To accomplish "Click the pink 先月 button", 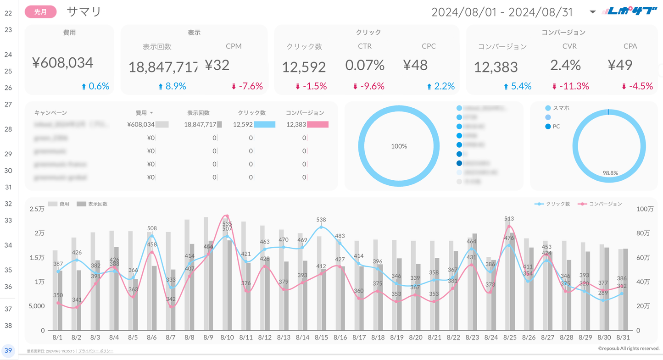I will (x=41, y=12).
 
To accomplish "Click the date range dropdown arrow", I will (x=592, y=12).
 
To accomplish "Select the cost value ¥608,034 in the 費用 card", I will (x=63, y=63).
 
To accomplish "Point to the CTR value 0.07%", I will (x=365, y=65).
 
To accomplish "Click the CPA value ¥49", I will (x=620, y=65).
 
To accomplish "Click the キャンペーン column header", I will (x=50, y=113).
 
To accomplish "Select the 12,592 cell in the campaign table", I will (x=243, y=124).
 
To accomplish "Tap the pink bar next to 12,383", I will (x=318, y=124).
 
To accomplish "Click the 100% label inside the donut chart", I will (x=399, y=146).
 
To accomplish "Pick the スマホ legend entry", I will (x=561, y=108).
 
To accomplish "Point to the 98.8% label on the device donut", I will (x=610, y=173).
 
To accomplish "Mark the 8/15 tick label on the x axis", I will (x=321, y=338).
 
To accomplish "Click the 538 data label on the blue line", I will (x=321, y=220).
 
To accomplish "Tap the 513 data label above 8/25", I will (x=509, y=219).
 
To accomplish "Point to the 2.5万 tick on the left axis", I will (x=37, y=209).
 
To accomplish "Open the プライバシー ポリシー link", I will (x=96, y=351).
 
